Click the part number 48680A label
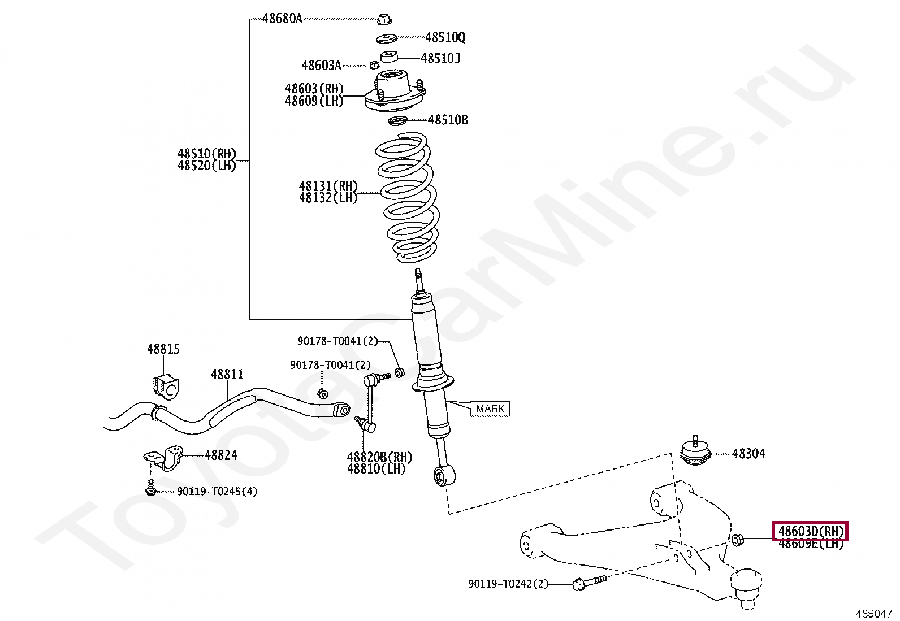[282, 19]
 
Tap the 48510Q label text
[445, 37]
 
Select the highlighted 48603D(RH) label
[810, 531]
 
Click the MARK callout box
[490, 409]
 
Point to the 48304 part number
[748, 453]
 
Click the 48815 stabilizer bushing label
[163, 349]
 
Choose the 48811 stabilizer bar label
[227, 374]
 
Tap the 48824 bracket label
[221, 455]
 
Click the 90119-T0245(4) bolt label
[217, 491]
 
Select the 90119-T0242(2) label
[508, 584]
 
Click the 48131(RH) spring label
[328, 186]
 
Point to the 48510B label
[448, 120]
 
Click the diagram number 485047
[873, 613]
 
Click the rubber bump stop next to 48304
[695, 451]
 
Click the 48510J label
[440, 58]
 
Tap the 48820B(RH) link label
[379, 457]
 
